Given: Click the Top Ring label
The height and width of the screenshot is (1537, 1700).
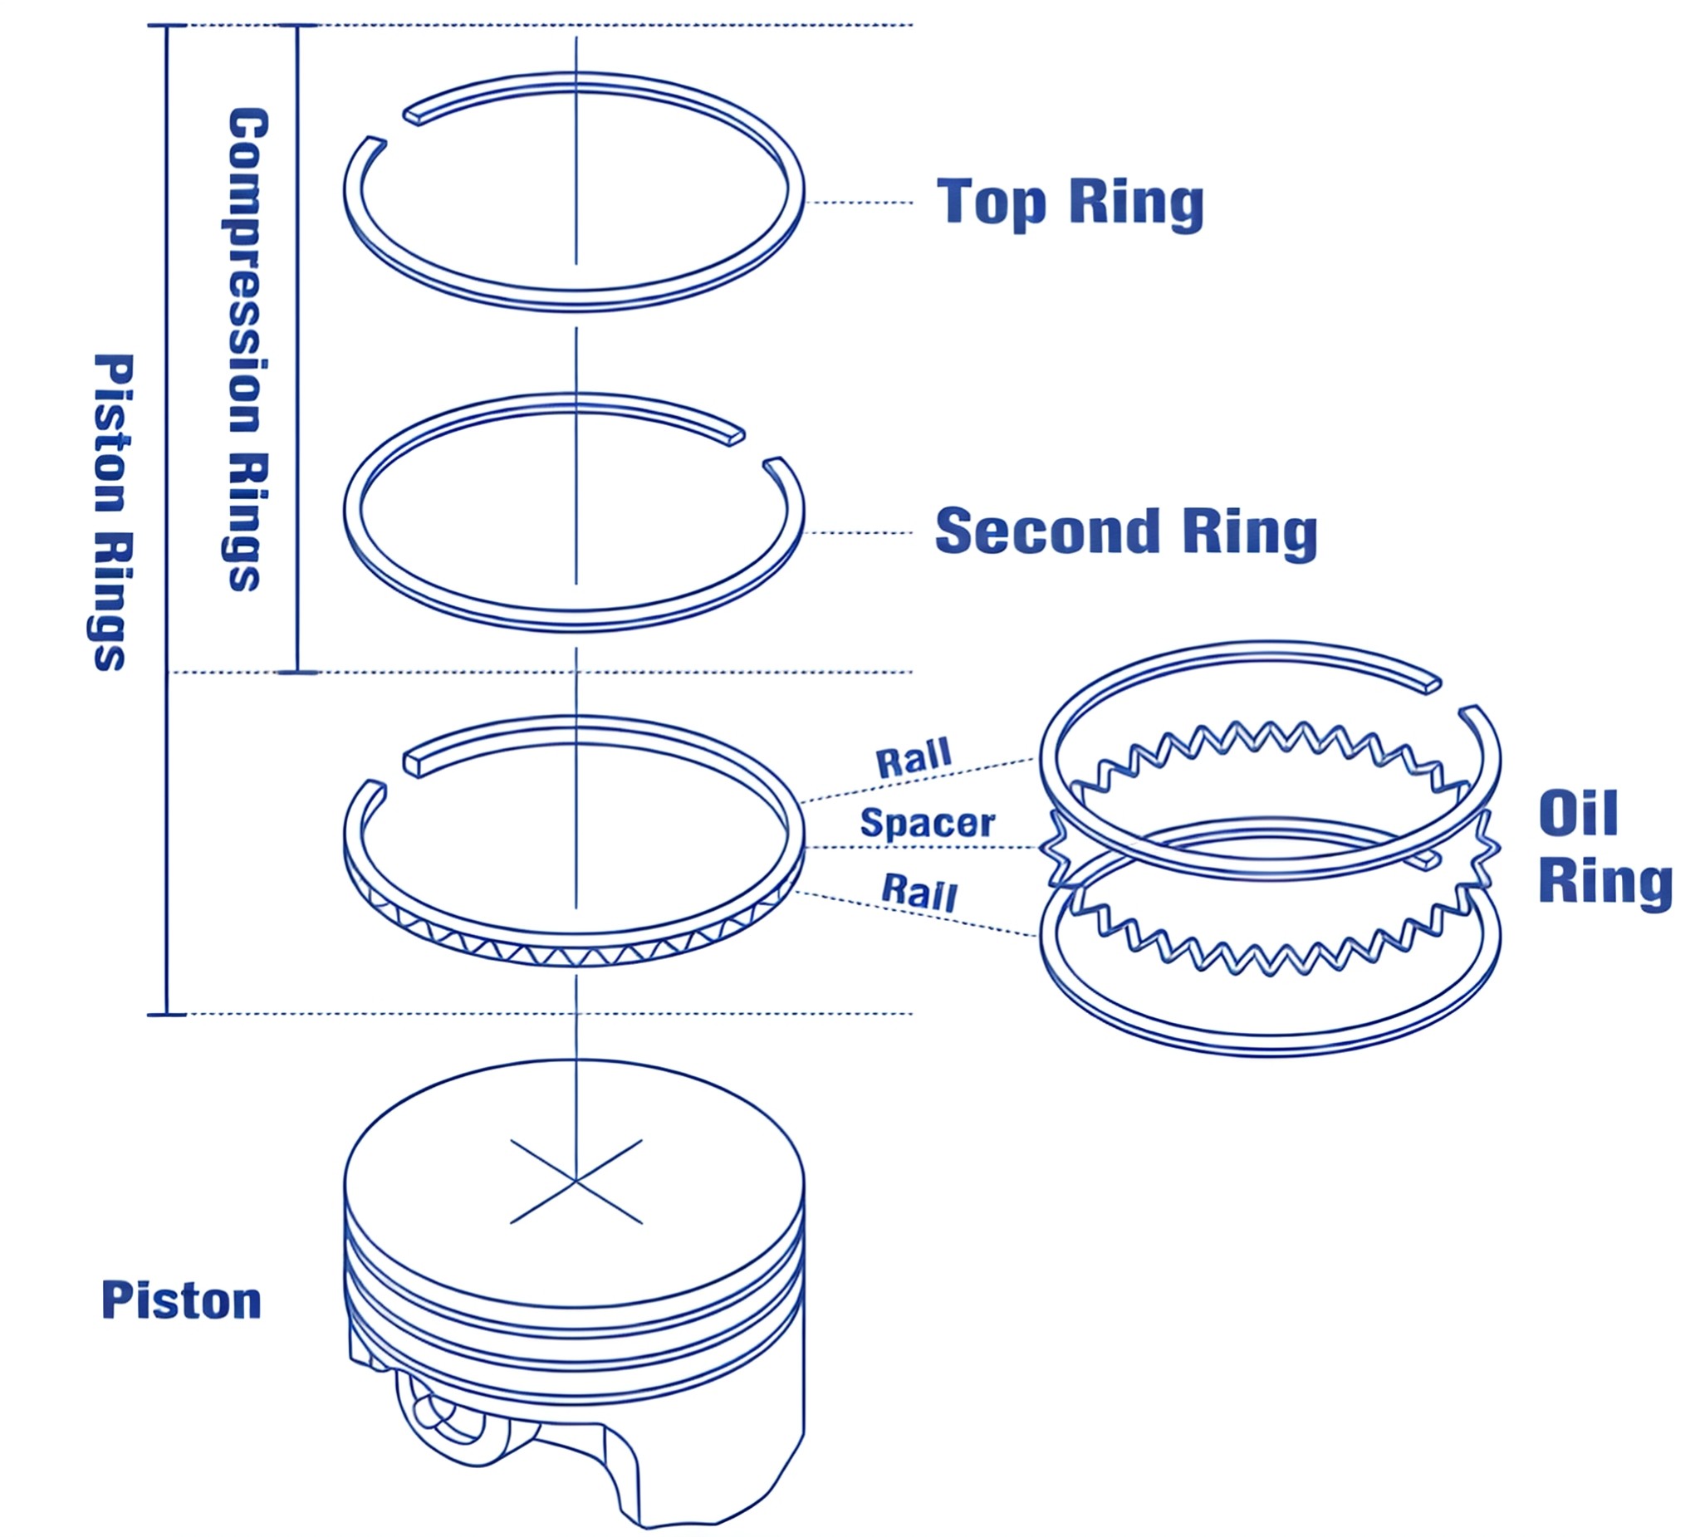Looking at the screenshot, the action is (1069, 203).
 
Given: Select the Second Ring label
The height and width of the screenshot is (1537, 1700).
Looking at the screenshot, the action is (1126, 532).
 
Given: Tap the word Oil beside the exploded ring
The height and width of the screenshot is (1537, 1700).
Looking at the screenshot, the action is (1578, 813).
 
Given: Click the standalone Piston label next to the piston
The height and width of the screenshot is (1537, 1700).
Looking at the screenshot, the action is (181, 1301).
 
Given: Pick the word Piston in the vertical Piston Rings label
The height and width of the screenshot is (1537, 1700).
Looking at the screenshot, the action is (112, 433).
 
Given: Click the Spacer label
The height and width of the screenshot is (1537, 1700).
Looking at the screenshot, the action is (928, 823).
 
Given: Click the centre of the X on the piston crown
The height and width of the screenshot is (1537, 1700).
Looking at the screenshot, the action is (576, 1182).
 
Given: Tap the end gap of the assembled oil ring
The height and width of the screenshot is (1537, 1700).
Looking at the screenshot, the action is (394, 771).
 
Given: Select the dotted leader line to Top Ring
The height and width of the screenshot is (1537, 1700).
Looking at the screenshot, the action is (859, 203).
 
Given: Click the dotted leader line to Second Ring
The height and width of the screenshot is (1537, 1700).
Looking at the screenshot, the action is (859, 532).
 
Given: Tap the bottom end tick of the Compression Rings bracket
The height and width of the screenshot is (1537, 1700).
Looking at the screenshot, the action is (296, 672).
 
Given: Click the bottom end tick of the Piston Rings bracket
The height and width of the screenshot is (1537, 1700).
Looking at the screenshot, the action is (166, 1014).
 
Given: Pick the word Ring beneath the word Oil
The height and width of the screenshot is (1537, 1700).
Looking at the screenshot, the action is (1604, 883).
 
